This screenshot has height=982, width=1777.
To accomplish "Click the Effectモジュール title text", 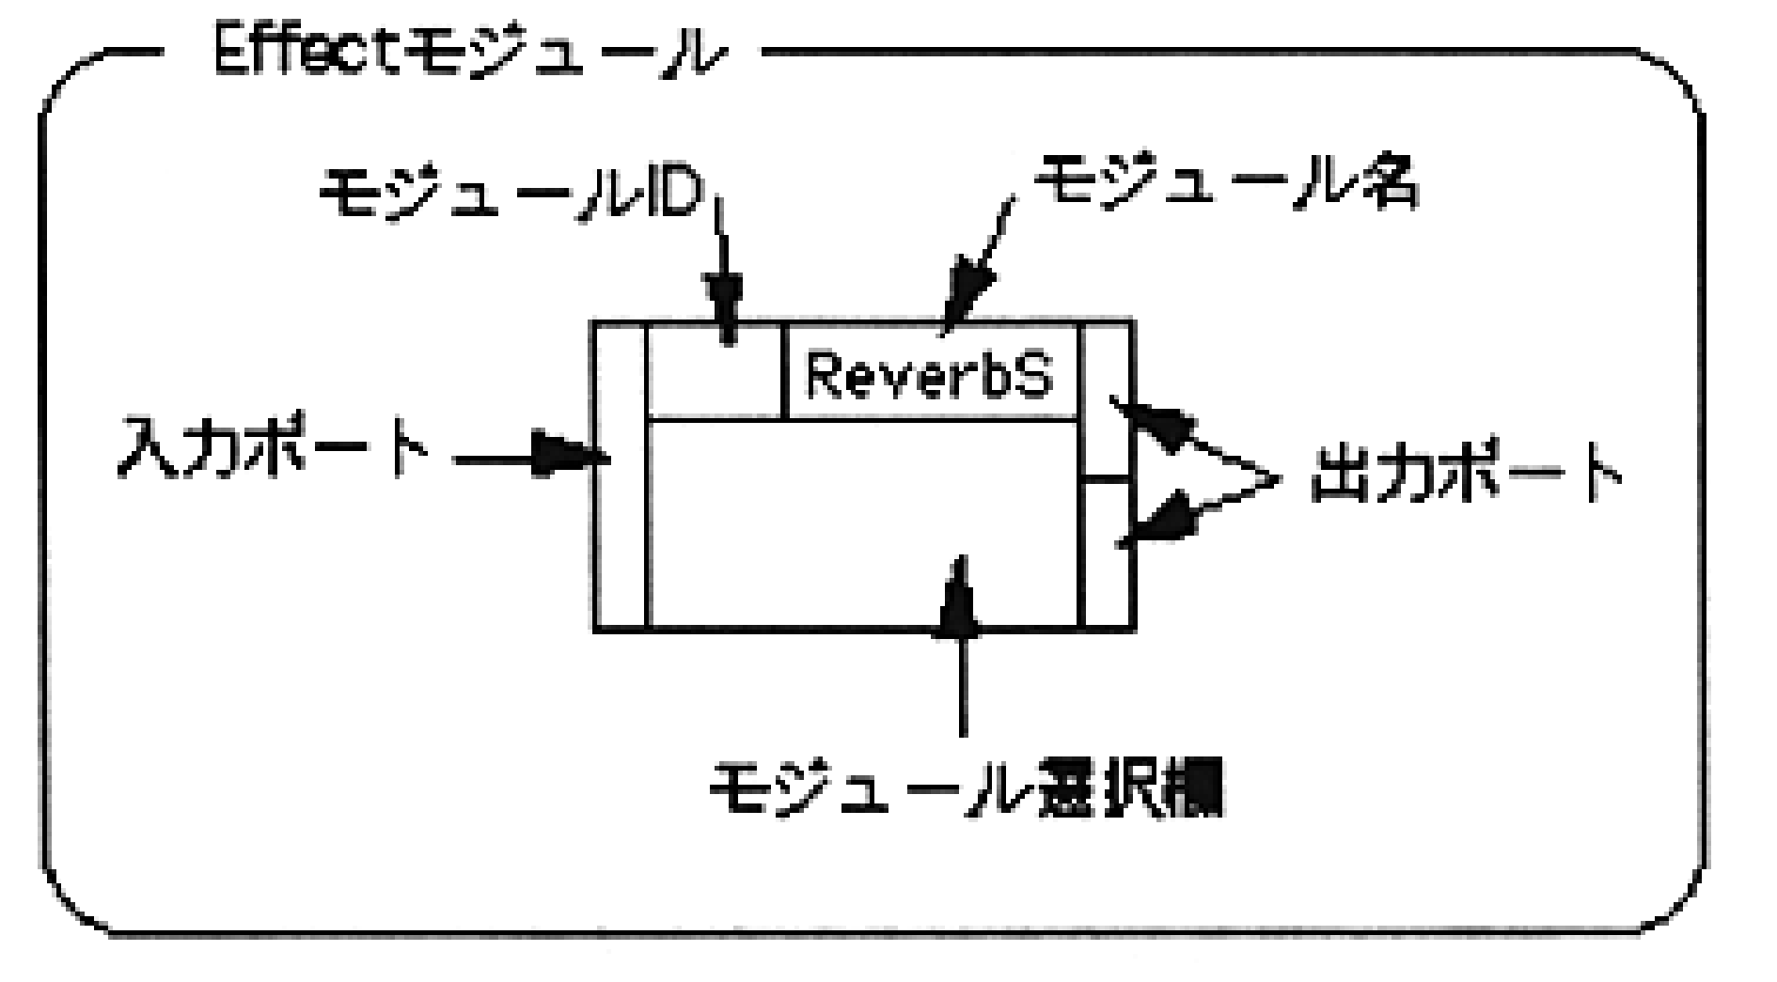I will click(x=467, y=58).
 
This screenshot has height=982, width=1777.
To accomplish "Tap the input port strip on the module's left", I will click(x=621, y=475).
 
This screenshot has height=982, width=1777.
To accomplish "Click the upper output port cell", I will click(x=1106, y=399).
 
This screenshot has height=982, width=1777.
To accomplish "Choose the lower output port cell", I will click(x=1106, y=554).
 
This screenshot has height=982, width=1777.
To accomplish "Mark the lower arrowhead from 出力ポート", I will click(x=1166, y=522).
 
